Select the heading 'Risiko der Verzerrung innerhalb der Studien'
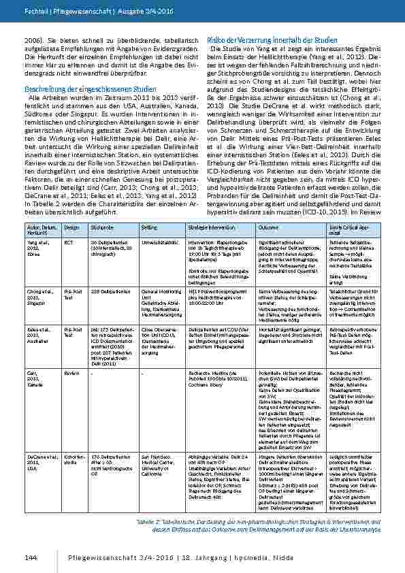click(263, 41)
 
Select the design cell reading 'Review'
click(71, 373)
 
